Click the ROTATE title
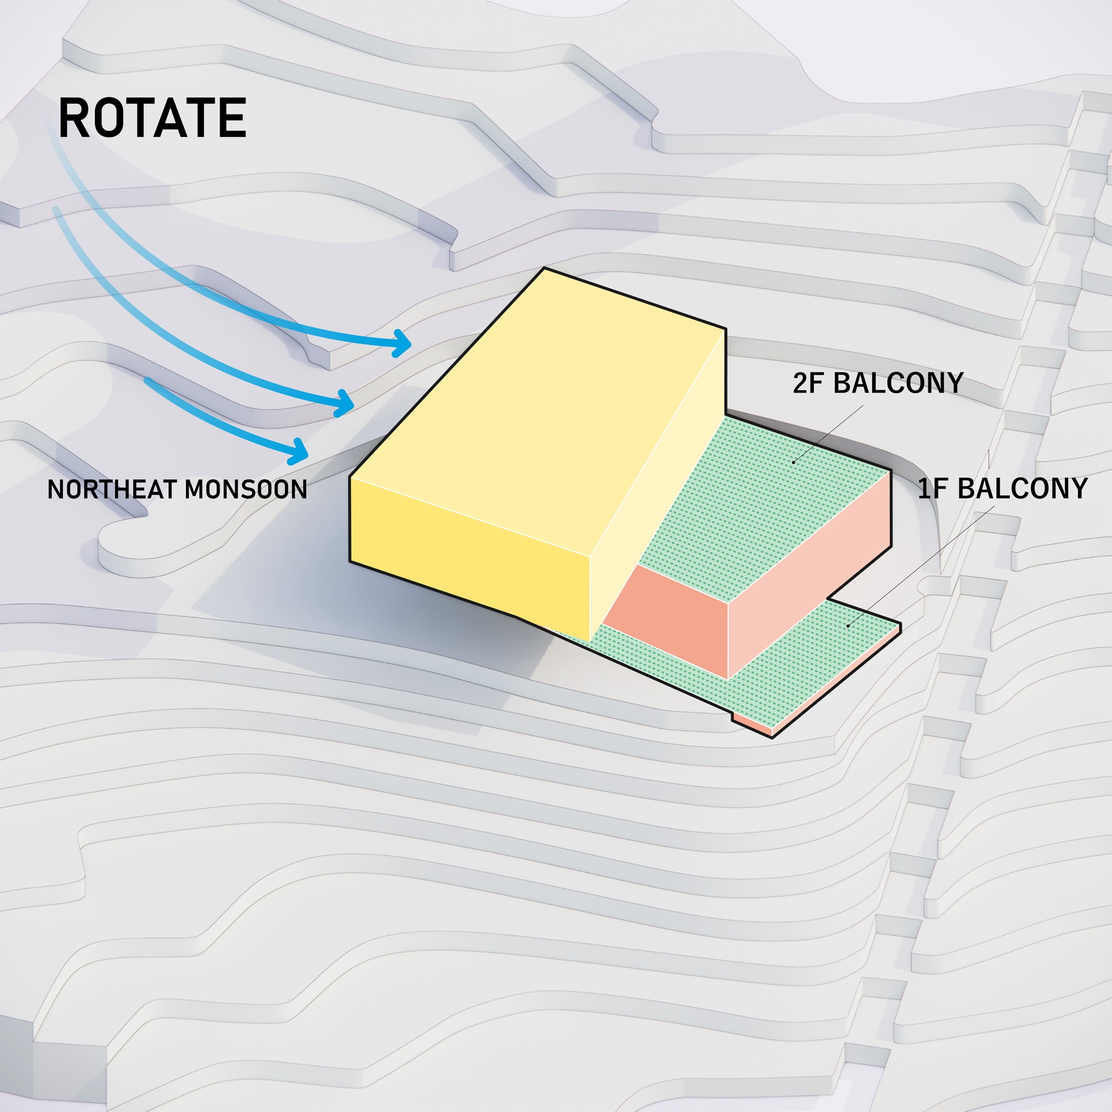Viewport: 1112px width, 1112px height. (153, 118)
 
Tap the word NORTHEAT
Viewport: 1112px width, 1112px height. (112, 490)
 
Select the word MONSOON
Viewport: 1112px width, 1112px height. (246, 490)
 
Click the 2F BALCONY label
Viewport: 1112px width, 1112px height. (878, 384)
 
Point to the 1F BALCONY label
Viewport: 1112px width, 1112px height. (1002, 489)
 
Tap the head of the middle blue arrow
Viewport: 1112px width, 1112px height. (345, 402)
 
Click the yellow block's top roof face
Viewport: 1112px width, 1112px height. (535, 414)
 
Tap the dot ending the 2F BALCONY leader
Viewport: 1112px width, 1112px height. (794, 462)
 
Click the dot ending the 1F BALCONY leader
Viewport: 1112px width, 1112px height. (848, 626)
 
